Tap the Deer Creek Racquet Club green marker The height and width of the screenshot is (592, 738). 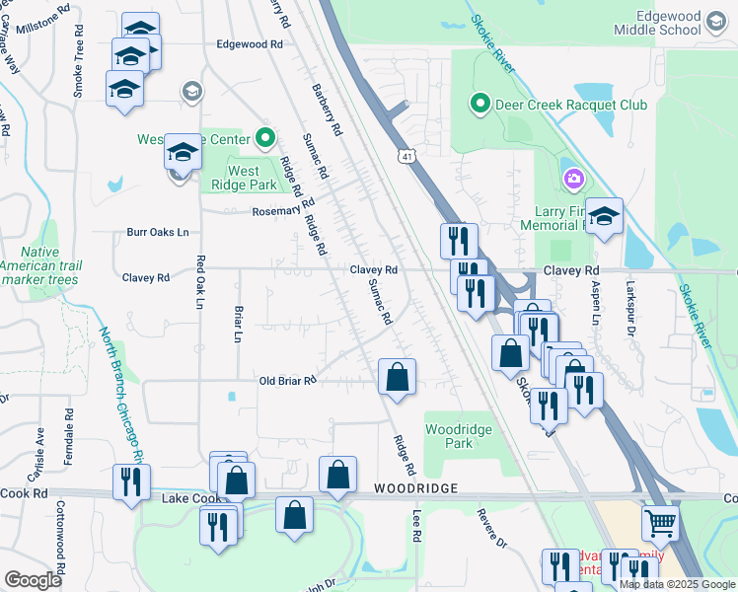tap(480, 103)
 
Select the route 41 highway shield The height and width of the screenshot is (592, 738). tap(406, 156)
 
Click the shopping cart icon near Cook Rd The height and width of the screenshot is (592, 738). tap(660, 523)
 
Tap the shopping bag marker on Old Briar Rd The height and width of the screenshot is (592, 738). tap(397, 377)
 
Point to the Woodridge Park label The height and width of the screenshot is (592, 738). tap(457, 437)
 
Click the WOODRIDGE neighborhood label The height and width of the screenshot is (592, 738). tap(415, 489)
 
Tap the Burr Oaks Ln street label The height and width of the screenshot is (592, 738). tap(157, 233)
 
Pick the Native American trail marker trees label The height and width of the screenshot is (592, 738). tap(39, 266)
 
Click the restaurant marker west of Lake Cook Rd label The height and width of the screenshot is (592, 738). tap(131, 482)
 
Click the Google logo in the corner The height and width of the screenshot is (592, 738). tap(33, 580)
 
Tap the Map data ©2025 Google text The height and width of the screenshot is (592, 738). tap(677, 584)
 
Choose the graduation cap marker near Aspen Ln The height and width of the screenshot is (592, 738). tap(605, 216)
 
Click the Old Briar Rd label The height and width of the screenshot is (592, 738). tap(287, 381)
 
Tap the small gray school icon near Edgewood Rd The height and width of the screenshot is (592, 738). tap(191, 92)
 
